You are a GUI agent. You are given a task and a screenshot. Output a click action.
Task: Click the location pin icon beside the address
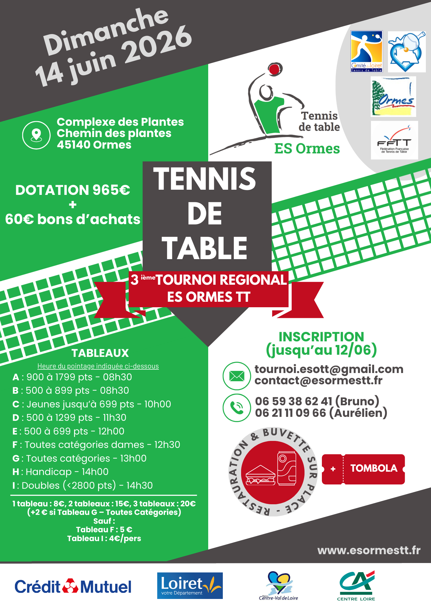[36, 135]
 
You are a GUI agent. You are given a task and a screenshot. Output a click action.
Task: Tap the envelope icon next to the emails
[237, 376]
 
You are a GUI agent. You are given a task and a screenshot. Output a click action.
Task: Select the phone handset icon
[237, 408]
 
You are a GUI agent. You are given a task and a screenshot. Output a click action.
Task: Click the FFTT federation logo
[394, 140]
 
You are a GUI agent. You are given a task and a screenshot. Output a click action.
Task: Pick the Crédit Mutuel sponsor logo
[73, 586]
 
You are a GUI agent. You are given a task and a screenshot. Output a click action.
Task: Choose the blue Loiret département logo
[190, 586]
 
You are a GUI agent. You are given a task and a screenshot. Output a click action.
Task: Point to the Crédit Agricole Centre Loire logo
[356, 586]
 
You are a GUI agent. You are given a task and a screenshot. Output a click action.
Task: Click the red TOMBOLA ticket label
[374, 468]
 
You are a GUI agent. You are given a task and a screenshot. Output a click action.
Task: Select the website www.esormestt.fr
[369, 550]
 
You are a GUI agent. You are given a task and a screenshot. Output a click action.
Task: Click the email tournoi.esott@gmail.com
[329, 369]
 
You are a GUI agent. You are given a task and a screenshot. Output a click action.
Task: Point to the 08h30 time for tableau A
[117, 377]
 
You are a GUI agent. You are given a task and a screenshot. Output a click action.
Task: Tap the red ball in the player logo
[274, 69]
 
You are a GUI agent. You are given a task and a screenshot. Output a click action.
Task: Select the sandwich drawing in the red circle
[261, 475]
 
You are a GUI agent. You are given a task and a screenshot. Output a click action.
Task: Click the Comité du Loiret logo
[367, 51]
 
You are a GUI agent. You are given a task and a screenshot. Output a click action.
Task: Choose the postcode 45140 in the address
[73, 145]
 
